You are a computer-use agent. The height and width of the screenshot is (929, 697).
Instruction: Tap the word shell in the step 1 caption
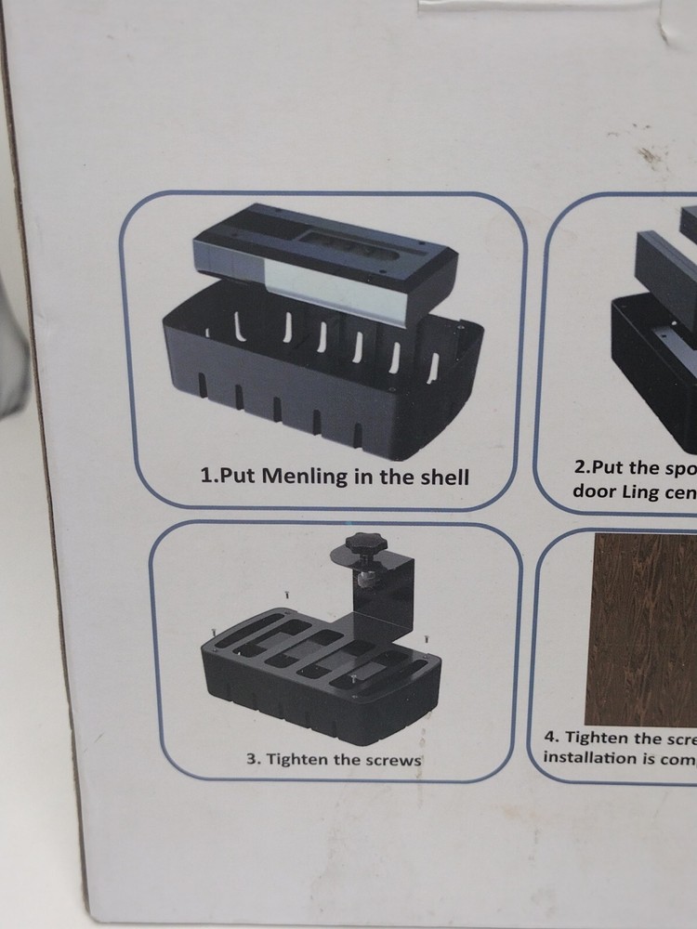(441, 478)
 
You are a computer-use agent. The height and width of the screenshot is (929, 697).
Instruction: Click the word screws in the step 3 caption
(393, 759)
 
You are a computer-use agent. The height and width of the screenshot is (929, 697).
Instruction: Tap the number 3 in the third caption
(251, 759)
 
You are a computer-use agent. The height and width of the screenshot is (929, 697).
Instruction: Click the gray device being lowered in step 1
(325, 260)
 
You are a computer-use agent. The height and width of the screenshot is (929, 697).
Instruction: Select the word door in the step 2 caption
(591, 491)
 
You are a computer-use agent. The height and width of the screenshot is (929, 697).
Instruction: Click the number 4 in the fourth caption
(550, 737)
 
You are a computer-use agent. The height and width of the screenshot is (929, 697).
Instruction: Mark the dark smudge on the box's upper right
(651, 154)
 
